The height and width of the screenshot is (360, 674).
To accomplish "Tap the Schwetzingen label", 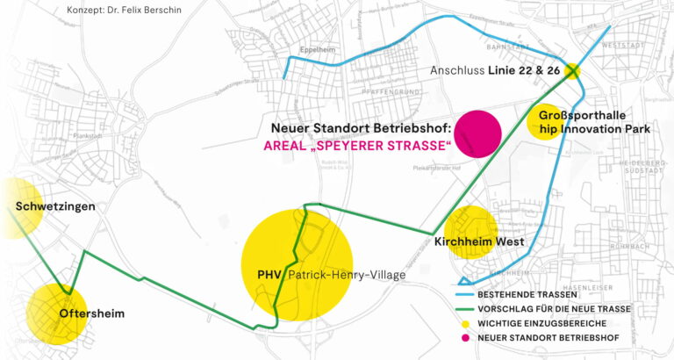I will point(56,206).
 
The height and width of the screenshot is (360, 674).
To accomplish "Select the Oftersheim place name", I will point(91,313).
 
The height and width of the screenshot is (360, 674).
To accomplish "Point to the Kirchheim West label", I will point(479,241).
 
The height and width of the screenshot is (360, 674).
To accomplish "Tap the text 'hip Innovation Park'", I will point(594,129).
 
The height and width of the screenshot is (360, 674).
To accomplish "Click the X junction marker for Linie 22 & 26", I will point(572,70).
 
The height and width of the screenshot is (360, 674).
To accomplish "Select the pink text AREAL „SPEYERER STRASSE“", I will point(357,144).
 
